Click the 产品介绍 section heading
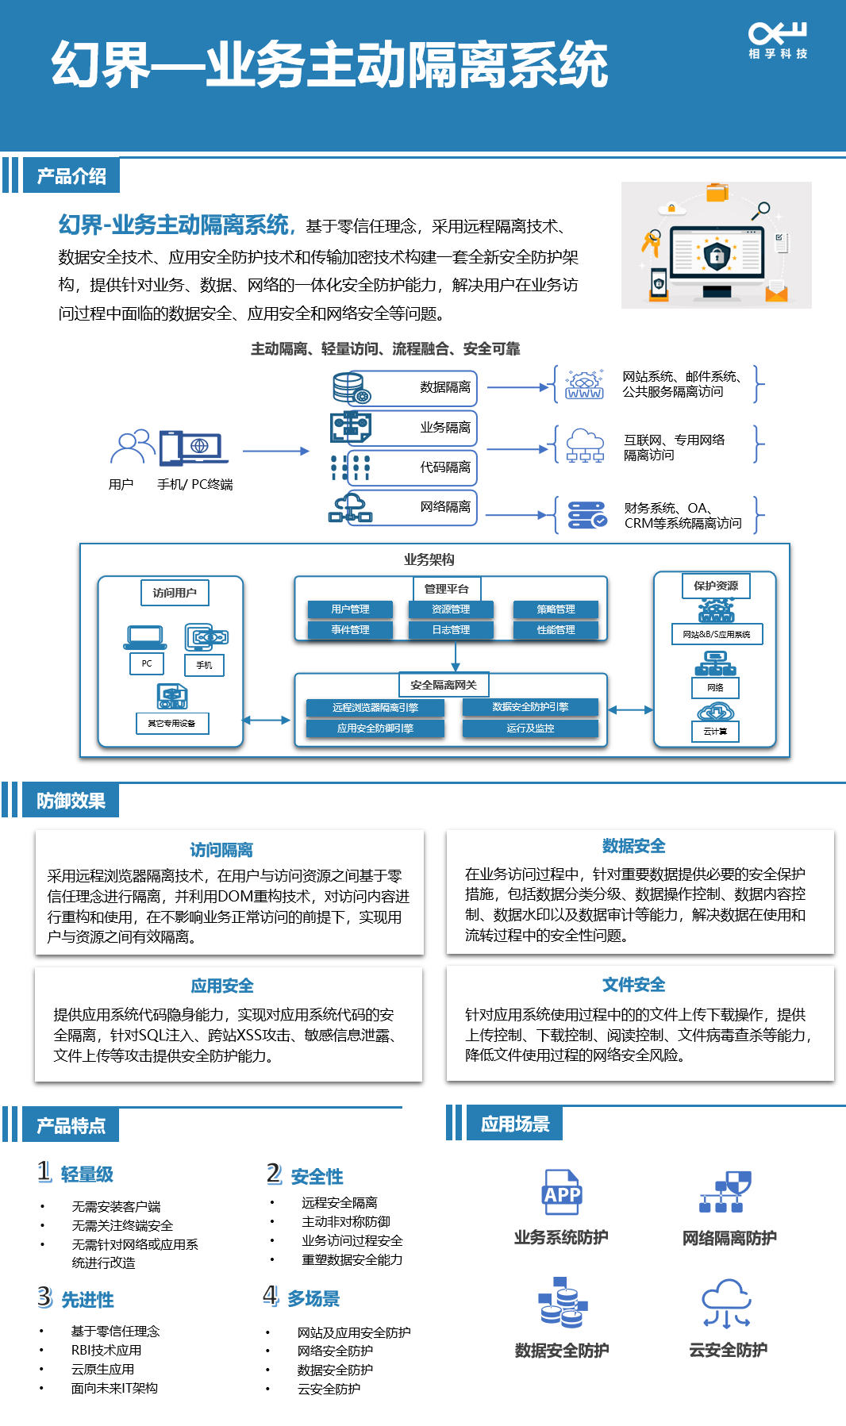[x=71, y=176]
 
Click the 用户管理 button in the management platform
[x=350, y=609]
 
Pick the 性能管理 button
[x=556, y=630]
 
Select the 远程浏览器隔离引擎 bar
[x=375, y=708]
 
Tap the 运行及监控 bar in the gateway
[x=530, y=728]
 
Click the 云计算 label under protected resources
[x=715, y=732]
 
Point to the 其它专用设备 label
[x=171, y=724]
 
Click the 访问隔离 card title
[x=221, y=850]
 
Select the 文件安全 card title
[x=633, y=985]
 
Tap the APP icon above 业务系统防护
[x=562, y=1193]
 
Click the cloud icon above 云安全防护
[x=726, y=1302]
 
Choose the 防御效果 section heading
[x=71, y=801]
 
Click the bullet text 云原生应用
[x=102, y=1369]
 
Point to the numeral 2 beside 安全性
[x=274, y=1173]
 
